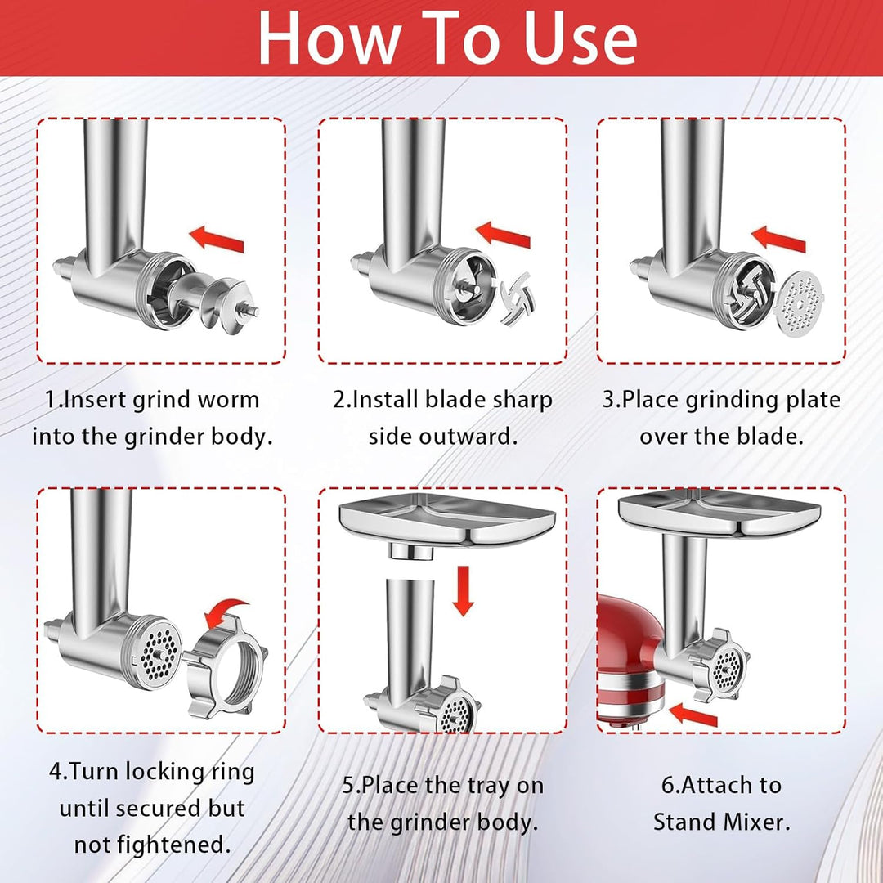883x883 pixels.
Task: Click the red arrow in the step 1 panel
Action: coord(217,239)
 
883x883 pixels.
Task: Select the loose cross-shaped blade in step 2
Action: coord(518,298)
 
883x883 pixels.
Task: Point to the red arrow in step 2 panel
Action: coord(503,235)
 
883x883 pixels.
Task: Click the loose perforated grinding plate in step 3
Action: coord(799,303)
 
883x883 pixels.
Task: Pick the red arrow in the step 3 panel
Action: coord(779,239)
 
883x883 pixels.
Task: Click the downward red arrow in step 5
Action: coord(463,591)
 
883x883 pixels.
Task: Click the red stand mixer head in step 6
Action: coord(630,660)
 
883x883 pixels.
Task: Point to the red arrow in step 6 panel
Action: coord(693,715)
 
